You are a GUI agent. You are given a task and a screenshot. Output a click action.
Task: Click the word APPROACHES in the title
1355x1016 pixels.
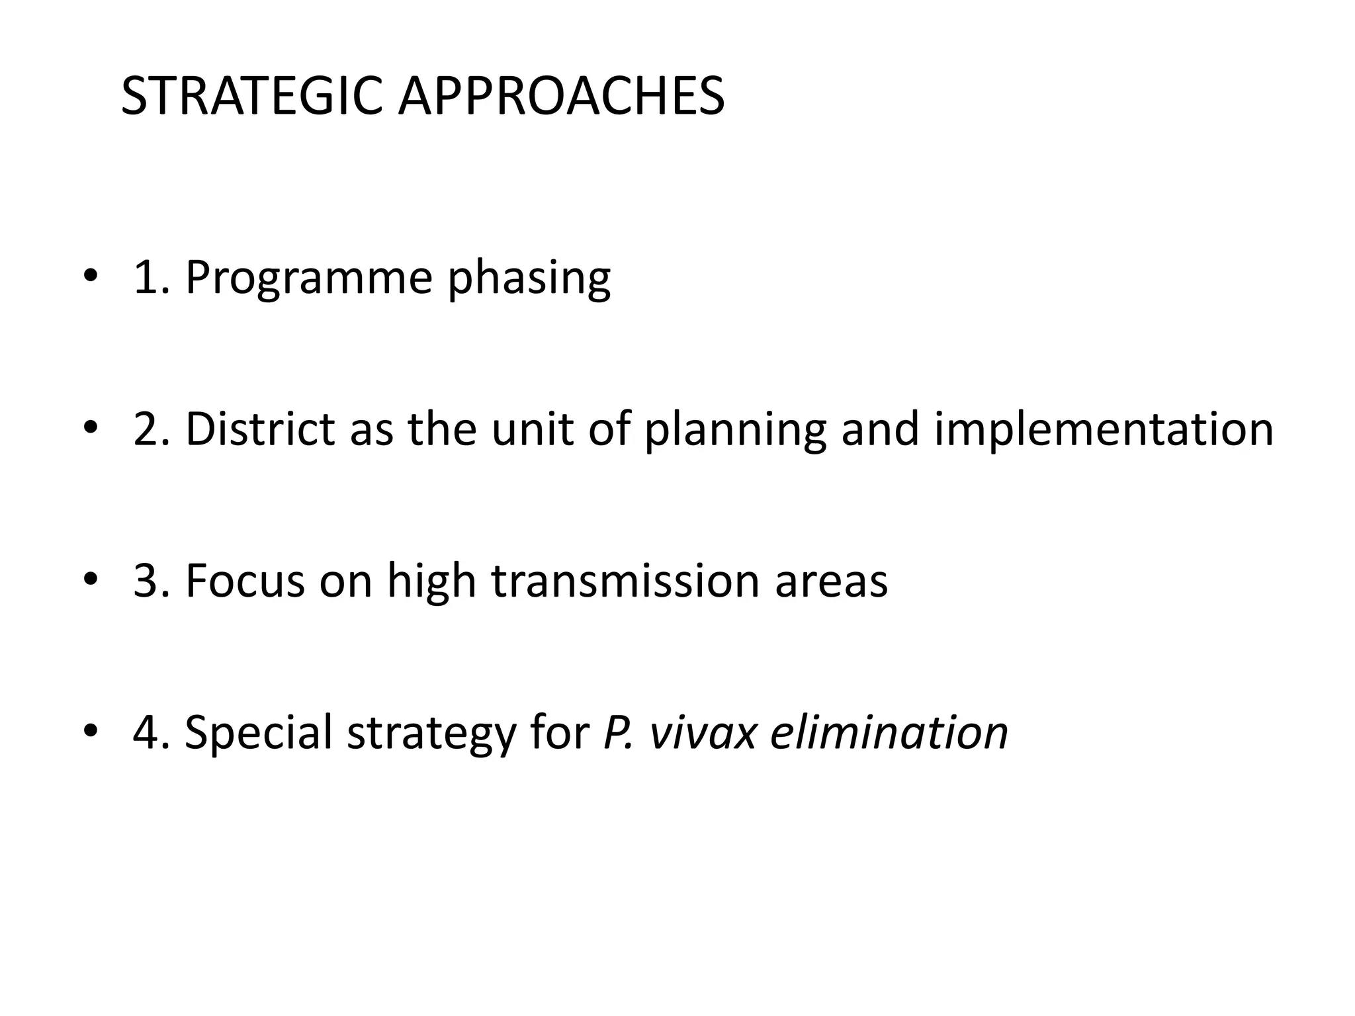[x=561, y=97]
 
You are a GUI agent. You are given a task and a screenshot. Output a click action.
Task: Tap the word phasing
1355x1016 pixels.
[x=529, y=277]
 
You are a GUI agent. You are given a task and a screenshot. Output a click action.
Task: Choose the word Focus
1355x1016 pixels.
[x=245, y=581]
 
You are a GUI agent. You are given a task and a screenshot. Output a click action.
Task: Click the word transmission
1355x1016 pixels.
[x=625, y=581]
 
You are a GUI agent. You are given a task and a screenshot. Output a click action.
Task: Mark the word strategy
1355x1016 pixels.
[x=431, y=733]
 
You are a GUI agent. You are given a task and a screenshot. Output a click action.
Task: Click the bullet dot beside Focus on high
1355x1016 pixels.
[x=91, y=580]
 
